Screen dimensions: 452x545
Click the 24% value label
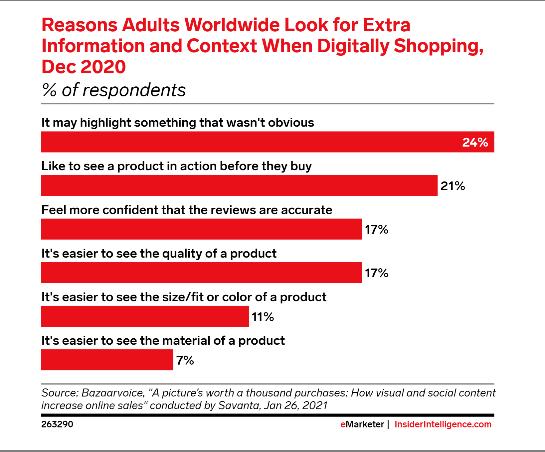tap(475, 142)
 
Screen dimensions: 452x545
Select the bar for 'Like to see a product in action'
tap(239, 185)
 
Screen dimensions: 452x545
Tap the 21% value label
tap(453, 186)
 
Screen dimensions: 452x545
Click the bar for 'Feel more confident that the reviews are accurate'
tap(201, 229)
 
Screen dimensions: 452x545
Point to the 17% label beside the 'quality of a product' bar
tap(376, 273)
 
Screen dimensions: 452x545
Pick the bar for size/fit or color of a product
tap(145, 316)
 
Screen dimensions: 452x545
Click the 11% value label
tap(263, 317)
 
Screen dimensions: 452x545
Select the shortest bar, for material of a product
tap(107, 360)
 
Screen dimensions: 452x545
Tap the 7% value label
tap(185, 360)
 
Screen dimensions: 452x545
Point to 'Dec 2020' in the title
tap(84, 67)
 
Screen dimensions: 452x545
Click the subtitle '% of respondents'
tap(113, 90)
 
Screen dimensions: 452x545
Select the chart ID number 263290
tap(57, 424)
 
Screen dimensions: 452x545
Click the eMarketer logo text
tap(362, 424)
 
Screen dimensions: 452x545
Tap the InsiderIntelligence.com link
tap(443, 424)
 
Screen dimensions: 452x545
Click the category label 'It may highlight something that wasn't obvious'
tap(177, 123)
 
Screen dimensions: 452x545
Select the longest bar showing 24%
tap(250, 142)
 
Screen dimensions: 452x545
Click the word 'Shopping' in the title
tap(438, 46)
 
